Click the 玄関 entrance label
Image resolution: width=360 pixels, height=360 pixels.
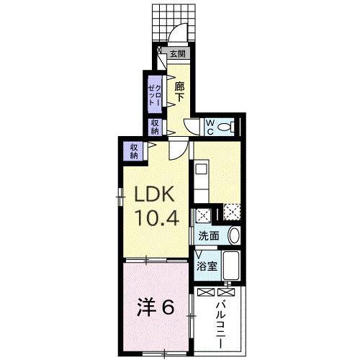(x=178, y=54)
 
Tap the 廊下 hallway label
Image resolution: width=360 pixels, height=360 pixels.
(x=179, y=92)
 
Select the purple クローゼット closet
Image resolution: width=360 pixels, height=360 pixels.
(x=155, y=94)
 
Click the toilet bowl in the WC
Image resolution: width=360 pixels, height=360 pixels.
(x=225, y=127)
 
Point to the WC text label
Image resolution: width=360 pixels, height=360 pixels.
(x=210, y=127)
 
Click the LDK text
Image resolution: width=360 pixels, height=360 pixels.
(x=154, y=194)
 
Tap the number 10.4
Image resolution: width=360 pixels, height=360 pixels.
(x=157, y=218)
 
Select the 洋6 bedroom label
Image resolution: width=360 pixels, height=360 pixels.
(x=156, y=307)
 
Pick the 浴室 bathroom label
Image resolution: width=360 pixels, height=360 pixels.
(x=207, y=266)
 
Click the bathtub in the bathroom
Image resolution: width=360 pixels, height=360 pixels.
(x=230, y=266)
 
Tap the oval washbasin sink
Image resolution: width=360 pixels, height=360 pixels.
(x=233, y=235)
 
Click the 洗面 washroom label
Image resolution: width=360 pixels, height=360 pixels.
(x=209, y=236)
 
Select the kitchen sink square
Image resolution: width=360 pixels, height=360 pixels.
(x=201, y=170)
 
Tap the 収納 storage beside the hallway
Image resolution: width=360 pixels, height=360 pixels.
(x=155, y=127)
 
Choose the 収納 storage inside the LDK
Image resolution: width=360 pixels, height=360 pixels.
(x=134, y=151)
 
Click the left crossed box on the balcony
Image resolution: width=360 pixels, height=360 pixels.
(x=205, y=292)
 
